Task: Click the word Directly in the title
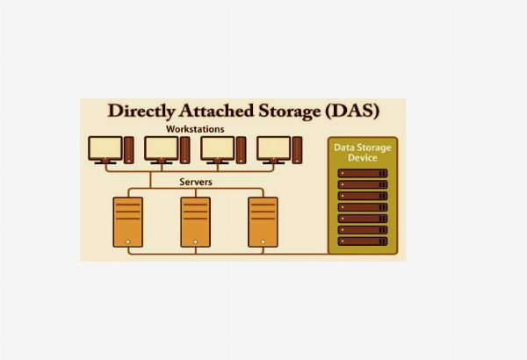tap(141, 112)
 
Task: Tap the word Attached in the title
tap(216, 111)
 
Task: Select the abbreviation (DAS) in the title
tap(352, 111)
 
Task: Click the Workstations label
tap(195, 129)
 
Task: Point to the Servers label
tap(196, 182)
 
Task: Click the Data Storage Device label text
tap(362, 153)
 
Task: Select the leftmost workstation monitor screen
tap(105, 148)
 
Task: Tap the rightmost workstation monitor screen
tap(273, 148)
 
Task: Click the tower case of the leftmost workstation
tap(129, 150)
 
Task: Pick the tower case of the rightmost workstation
tap(297, 150)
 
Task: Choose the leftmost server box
tap(128, 222)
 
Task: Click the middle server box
tap(196, 222)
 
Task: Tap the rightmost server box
tap(263, 222)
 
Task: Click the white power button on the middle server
tap(196, 241)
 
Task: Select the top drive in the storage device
tap(363, 173)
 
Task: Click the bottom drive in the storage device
tap(363, 241)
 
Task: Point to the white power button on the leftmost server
tap(127, 241)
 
